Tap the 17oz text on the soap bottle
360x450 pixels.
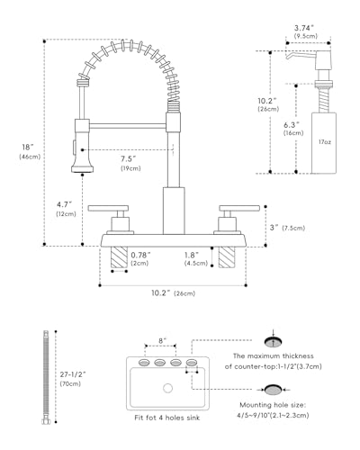pyautogui.click(x=325, y=142)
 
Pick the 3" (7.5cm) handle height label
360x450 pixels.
pyautogui.click(x=287, y=228)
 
